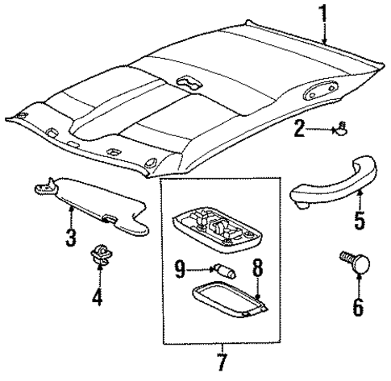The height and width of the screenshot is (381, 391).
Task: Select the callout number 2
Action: pos(298,127)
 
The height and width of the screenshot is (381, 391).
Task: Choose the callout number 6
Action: pos(358,306)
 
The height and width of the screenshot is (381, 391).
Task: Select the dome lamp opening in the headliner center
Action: pos(188,83)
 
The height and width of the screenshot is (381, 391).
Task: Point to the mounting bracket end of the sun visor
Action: pos(45,189)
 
